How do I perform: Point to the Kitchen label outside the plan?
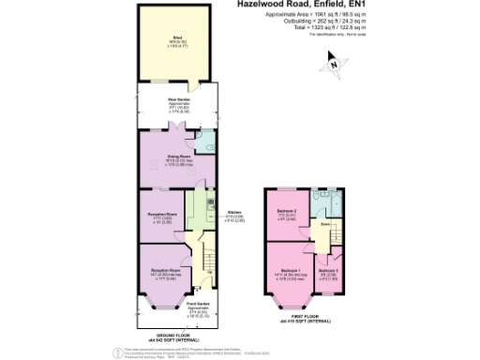click(235, 216)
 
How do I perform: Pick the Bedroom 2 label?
click(287, 214)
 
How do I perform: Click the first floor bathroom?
click(324, 204)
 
